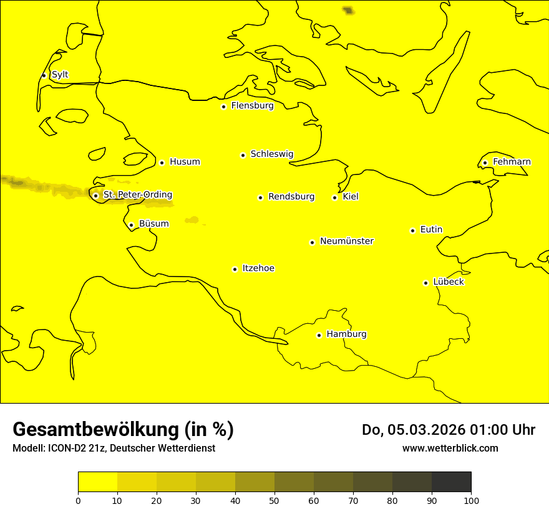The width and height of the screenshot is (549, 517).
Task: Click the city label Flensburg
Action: pyautogui.click(x=252, y=106)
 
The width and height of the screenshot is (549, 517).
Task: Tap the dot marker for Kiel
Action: pyautogui.click(x=335, y=197)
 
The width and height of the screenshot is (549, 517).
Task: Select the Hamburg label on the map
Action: pyautogui.click(x=346, y=334)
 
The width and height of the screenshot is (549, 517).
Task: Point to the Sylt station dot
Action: pyautogui.click(x=44, y=75)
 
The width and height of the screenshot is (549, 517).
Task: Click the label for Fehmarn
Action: pyautogui.click(x=512, y=162)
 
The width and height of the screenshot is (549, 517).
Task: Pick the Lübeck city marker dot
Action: pyautogui.click(x=426, y=283)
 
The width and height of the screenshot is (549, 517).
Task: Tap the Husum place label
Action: pyautogui.click(x=185, y=162)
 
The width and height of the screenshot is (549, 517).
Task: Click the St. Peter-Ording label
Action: pyautogui.click(x=138, y=195)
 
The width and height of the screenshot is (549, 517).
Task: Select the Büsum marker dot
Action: pyautogui.click(x=131, y=225)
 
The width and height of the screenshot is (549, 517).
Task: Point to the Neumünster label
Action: pyautogui.click(x=347, y=241)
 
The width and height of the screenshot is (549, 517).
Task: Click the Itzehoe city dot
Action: pyautogui.click(x=235, y=269)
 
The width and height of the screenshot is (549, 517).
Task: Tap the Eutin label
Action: pyautogui.click(x=431, y=230)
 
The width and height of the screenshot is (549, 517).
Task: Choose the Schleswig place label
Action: pyautogui.click(x=272, y=154)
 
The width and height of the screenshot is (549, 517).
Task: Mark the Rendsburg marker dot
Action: pyautogui.click(x=260, y=197)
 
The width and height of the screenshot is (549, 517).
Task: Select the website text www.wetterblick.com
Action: pyautogui.click(x=450, y=448)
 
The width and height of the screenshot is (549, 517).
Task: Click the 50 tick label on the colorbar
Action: pyautogui.click(x=274, y=500)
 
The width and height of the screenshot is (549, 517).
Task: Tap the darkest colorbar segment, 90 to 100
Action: pyautogui.click(x=451, y=481)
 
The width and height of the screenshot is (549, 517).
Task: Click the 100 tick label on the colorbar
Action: pyautogui.click(x=471, y=500)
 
